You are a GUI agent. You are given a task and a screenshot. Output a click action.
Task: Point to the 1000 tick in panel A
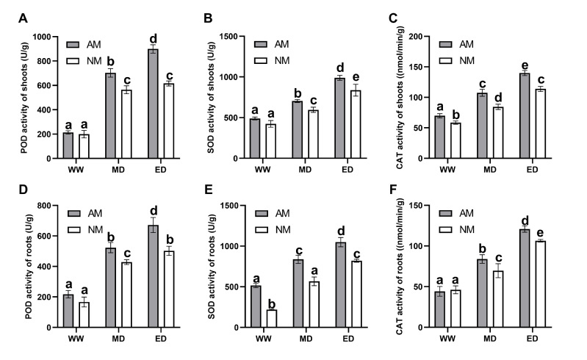point(44,37)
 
